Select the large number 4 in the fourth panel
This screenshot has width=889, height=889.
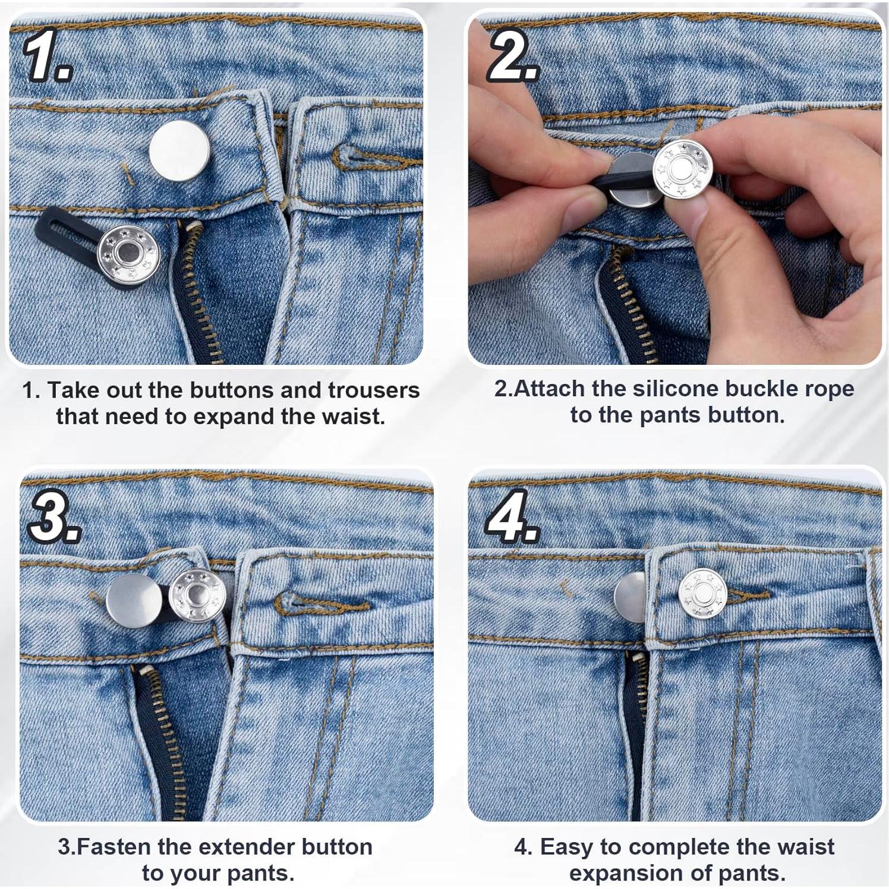tap(512, 516)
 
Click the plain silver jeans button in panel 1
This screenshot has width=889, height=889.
tap(179, 150)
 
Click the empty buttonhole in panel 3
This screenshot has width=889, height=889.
tap(321, 604)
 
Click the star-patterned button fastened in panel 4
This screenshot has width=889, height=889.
tap(703, 593)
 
